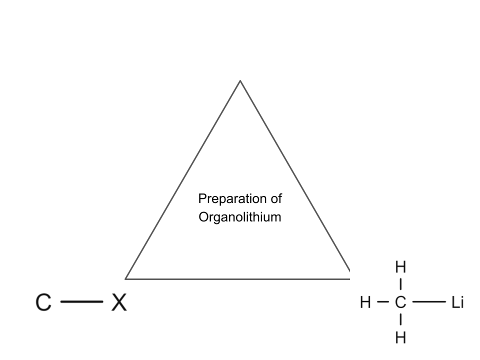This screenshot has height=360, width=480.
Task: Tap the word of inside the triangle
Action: [x=275, y=198]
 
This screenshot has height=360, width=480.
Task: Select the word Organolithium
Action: [x=240, y=217]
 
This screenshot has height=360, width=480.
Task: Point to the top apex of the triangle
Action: [x=240, y=80]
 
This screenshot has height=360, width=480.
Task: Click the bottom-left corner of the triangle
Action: [x=125, y=278]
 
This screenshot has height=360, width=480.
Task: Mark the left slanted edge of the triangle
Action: [x=182, y=179]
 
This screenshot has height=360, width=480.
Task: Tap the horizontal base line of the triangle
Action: [x=237, y=278]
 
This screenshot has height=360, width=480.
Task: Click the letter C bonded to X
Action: [x=44, y=302]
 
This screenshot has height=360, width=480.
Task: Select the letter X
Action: [x=118, y=302]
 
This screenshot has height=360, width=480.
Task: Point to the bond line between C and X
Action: [x=81, y=302]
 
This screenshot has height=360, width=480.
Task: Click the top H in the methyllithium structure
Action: [x=400, y=267]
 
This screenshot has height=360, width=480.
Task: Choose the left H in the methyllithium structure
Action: [x=365, y=302]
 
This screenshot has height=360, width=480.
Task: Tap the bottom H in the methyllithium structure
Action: [x=400, y=338]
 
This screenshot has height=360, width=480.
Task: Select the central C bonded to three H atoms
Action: [x=400, y=302]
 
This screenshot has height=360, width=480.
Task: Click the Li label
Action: [x=457, y=302]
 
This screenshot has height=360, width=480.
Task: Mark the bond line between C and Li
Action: [x=429, y=302]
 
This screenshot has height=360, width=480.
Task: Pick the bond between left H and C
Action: [x=382, y=302]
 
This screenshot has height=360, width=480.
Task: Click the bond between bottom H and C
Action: [x=400, y=320]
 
